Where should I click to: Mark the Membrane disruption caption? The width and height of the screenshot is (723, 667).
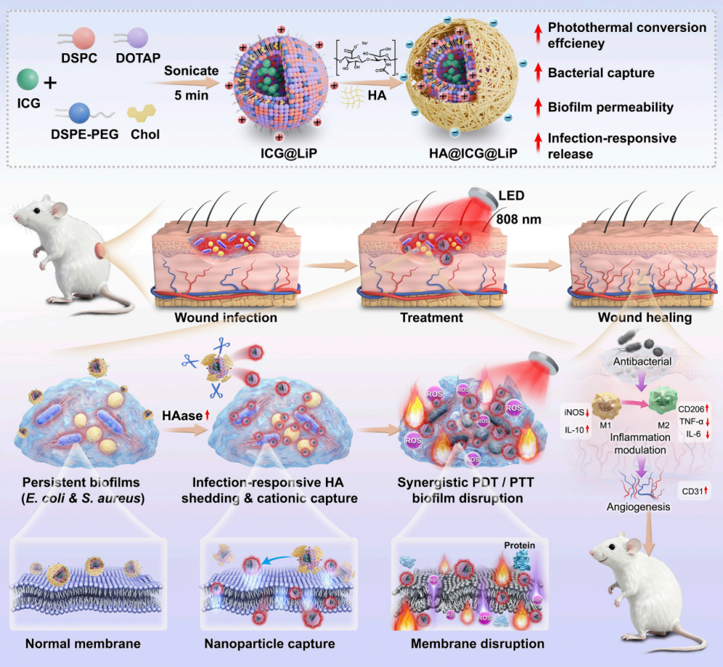coord(477,644)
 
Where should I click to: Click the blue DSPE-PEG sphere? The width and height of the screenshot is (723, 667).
coord(79,111)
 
